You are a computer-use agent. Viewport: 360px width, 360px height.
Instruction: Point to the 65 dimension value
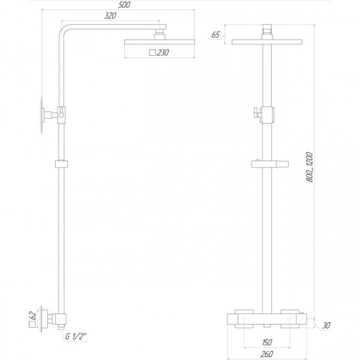point(215,35)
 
